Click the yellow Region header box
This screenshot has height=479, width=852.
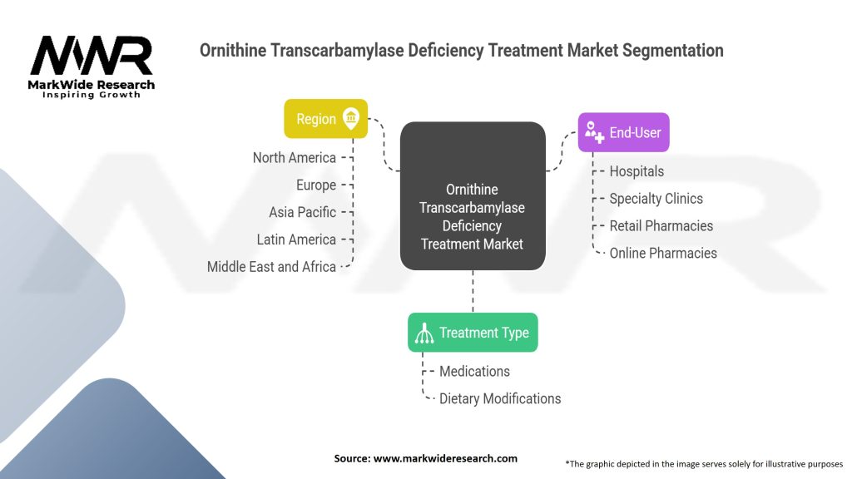pyautogui.click(x=325, y=119)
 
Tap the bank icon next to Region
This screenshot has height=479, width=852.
pyautogui.click(x=351, y=119)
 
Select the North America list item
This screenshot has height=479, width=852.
pyautogui.click(x=295, y=158)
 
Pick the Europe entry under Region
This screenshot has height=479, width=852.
pyautogui.click(x=316, y=185)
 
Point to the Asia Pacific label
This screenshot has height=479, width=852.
pyautogui.click(x=302, y=212)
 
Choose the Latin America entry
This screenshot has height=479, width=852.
pyautogui.click(x=296, y=239)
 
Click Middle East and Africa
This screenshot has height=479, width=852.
pyautogui.click(x=271, y=267)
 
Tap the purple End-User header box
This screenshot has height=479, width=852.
pyautogui.click(x=623, y=132)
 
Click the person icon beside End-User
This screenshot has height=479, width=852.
pyautogui.click(x=594, y=132)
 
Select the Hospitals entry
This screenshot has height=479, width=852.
pyautogui.click(x=637, y=171)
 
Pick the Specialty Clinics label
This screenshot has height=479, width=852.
pyautogui.click(x=656, y=199)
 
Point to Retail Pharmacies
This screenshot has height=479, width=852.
pyautogui.click(x=661, y=225)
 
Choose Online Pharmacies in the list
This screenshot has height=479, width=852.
pyautogui.click(x=663, y=253)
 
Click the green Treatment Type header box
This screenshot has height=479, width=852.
pyautogui.click(x=473, y=333)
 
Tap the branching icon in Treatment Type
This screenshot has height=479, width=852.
pyautogui.click(x=424, y=333)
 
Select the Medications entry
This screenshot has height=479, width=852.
pyautogui.click(x=474, y=371)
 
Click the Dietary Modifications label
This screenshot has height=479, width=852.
pyautogui.click(x=500, y=398)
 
